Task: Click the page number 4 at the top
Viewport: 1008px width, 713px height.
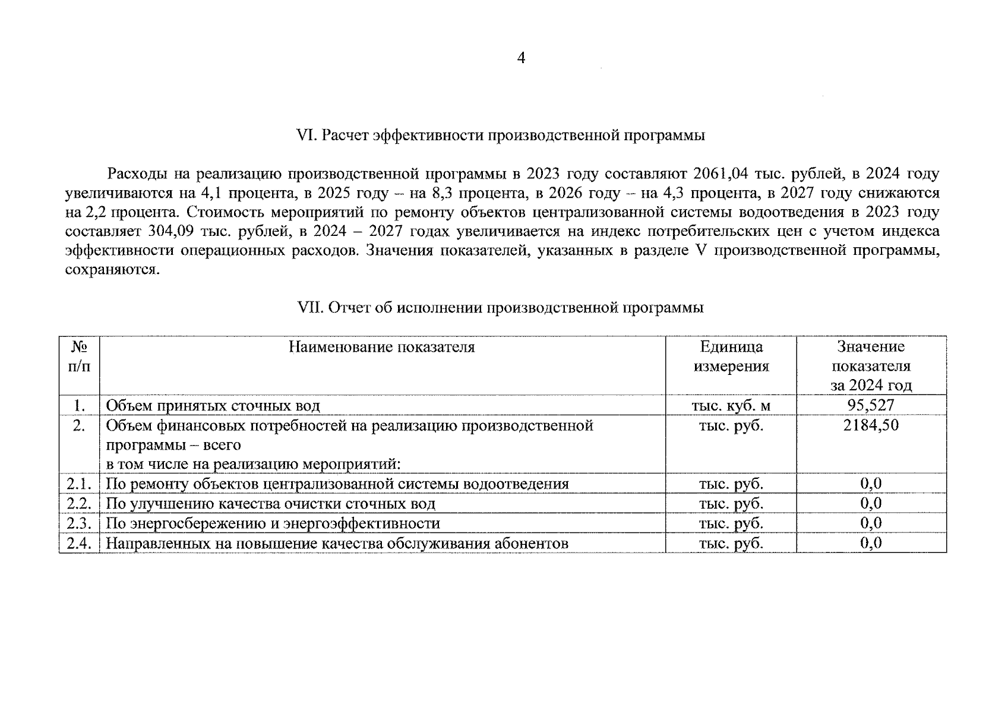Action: (521, 58)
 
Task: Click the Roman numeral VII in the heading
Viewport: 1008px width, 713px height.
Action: (308, 308)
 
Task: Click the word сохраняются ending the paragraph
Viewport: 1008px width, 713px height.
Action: (112, 270)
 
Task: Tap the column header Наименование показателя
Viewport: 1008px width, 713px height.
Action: (381, 347)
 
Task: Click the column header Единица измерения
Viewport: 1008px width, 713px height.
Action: (731, 356)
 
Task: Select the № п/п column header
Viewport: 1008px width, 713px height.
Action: (79, 356)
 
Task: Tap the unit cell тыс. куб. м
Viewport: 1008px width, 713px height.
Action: (731, 405)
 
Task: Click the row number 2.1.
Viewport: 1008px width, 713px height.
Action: (79, 484)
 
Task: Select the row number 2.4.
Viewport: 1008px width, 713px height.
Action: (79, 543)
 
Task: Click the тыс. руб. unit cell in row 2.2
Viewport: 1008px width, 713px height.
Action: (731, 504)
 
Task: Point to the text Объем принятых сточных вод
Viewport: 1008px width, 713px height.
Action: (213, 406)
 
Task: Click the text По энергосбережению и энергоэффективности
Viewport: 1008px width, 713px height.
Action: (273, 523)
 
